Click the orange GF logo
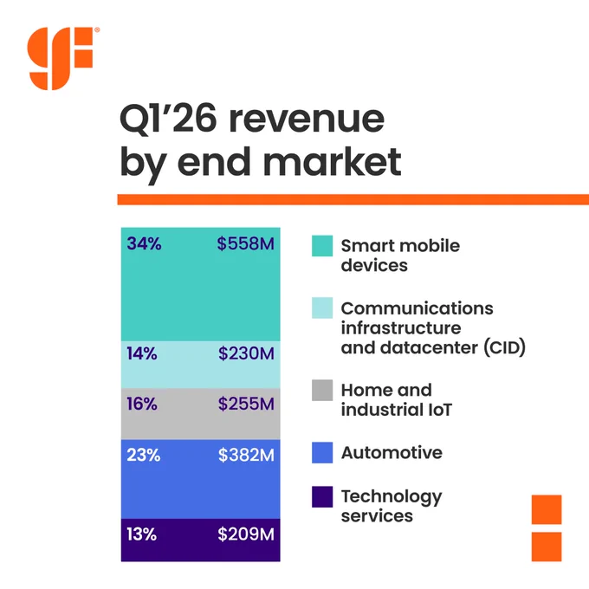(x=60, y=58)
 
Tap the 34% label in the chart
(x=145, y=243)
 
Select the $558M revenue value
(x=246, y=243)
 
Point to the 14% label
(x=142, y=353)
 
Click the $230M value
(x=246, y=353)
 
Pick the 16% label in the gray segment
(x=142, y=404)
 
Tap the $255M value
(x=246, y=404)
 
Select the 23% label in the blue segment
(x=144, y=455)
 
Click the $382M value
(x=246, y=455)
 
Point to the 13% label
(x=141, y=534)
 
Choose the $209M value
(x=246, y=534)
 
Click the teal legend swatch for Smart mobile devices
(x=322, y=246)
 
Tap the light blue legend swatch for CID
(x=322, y=308)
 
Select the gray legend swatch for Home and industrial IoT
(x=322, y=391)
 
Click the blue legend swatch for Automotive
(x=322, y=453)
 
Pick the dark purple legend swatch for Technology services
(x=322, y=497)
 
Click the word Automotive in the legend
(x=392, y=453)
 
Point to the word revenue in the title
(x=307, y=120)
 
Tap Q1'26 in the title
(x=168, y=119)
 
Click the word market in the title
(x=333, y=162)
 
